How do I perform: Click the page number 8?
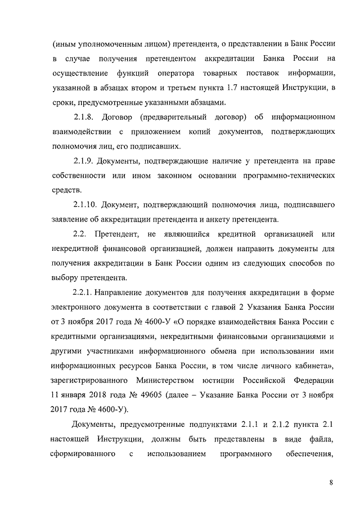tap(332, 483)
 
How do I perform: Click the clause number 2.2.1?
tap(84, 292)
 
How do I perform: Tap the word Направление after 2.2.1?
tap(121, 292)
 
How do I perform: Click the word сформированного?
tap(84, 453)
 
